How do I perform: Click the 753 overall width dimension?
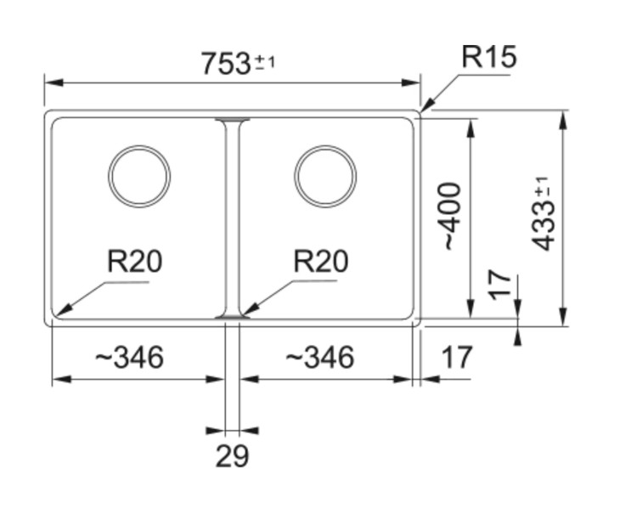pos(225,64)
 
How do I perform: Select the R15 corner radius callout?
pos(488,57)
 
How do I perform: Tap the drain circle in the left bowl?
pos(139,176)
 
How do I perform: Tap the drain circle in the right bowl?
pos(325,176)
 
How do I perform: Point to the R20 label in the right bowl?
pos(320,262)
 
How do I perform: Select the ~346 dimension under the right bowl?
pos(318,358)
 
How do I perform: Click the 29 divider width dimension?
pos(232,456)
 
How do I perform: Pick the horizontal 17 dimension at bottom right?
pos(457,358)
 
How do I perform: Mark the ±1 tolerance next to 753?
pos(266,62)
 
